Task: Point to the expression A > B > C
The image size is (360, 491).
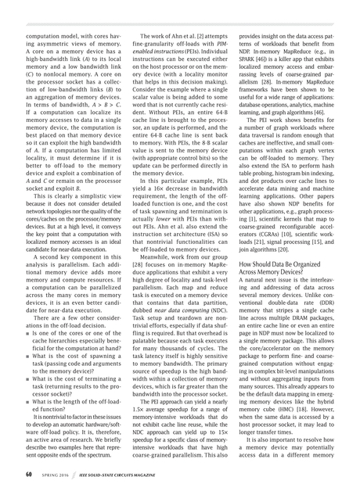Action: tap(101, 123)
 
